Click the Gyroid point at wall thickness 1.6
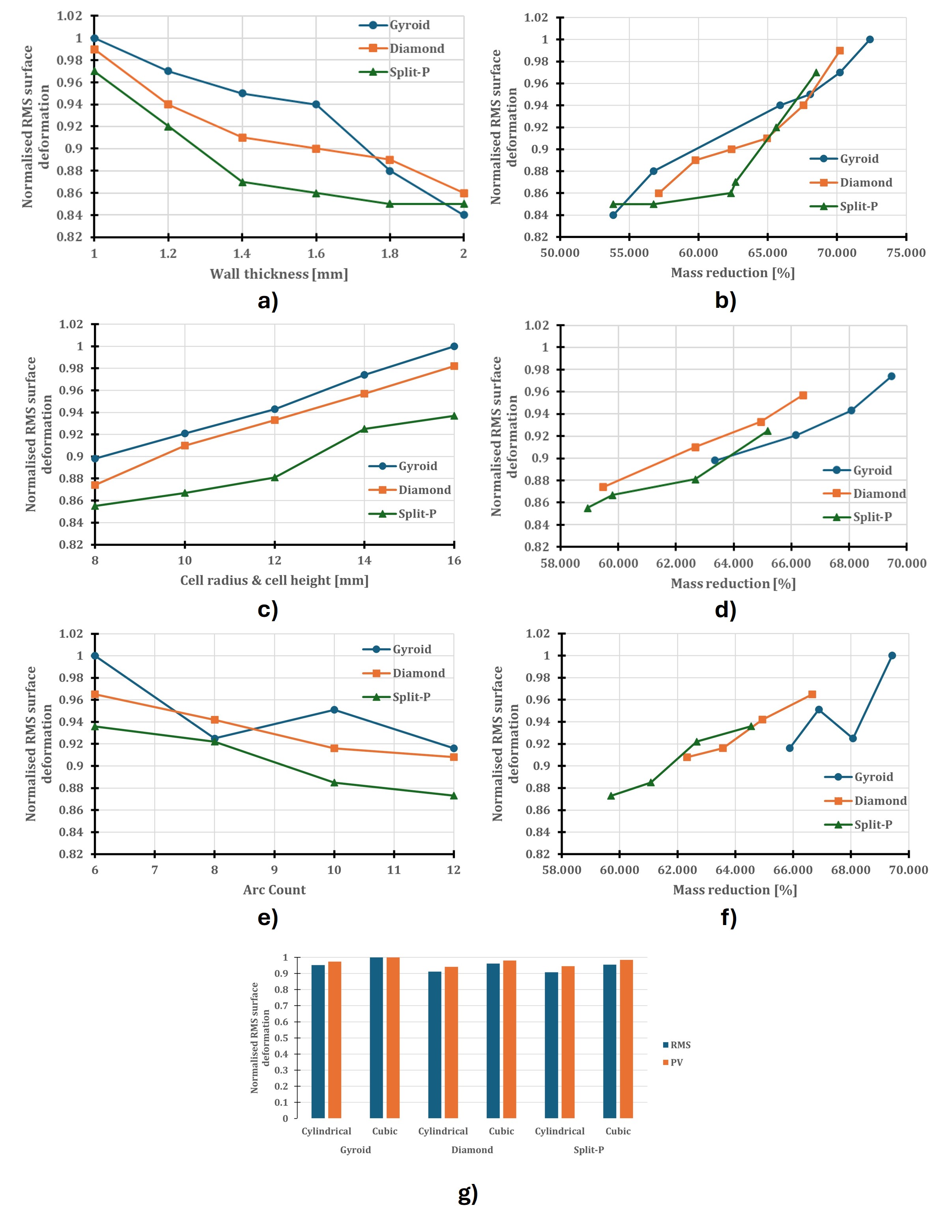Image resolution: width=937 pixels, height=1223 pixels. pos(316,104)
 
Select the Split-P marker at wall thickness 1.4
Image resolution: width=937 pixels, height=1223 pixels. pos(242,182)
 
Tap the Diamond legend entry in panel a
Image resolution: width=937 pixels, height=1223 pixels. pos(416,49)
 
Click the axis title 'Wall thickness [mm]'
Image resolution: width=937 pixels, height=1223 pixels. pos(279,274)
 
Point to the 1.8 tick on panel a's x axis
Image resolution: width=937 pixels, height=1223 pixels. pos(390,254)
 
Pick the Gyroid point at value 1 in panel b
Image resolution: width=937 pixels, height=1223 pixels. pos(870,39)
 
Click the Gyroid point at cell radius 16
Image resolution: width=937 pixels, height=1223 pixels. pos(454,346)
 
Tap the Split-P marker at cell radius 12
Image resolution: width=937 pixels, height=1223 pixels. pos(275,478)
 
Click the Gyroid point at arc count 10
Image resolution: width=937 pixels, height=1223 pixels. pos(334,710)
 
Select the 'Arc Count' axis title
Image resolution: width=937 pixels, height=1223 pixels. pos(275,890)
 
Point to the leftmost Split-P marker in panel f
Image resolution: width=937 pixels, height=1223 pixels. pos(611,796)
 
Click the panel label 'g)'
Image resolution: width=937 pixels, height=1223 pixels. pos(468,1193)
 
